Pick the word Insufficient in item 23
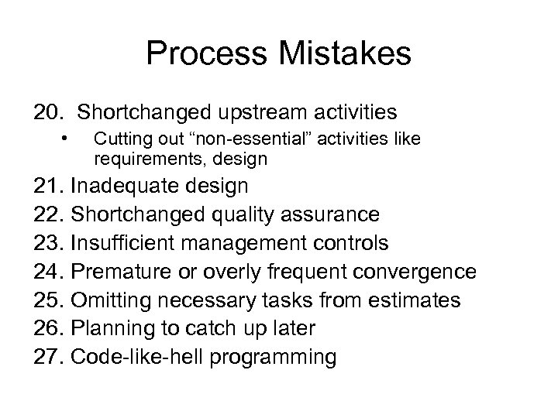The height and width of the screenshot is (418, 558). coord(122,243)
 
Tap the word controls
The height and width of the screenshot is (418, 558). coord(348,243)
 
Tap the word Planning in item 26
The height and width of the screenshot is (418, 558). coord(109,329)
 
